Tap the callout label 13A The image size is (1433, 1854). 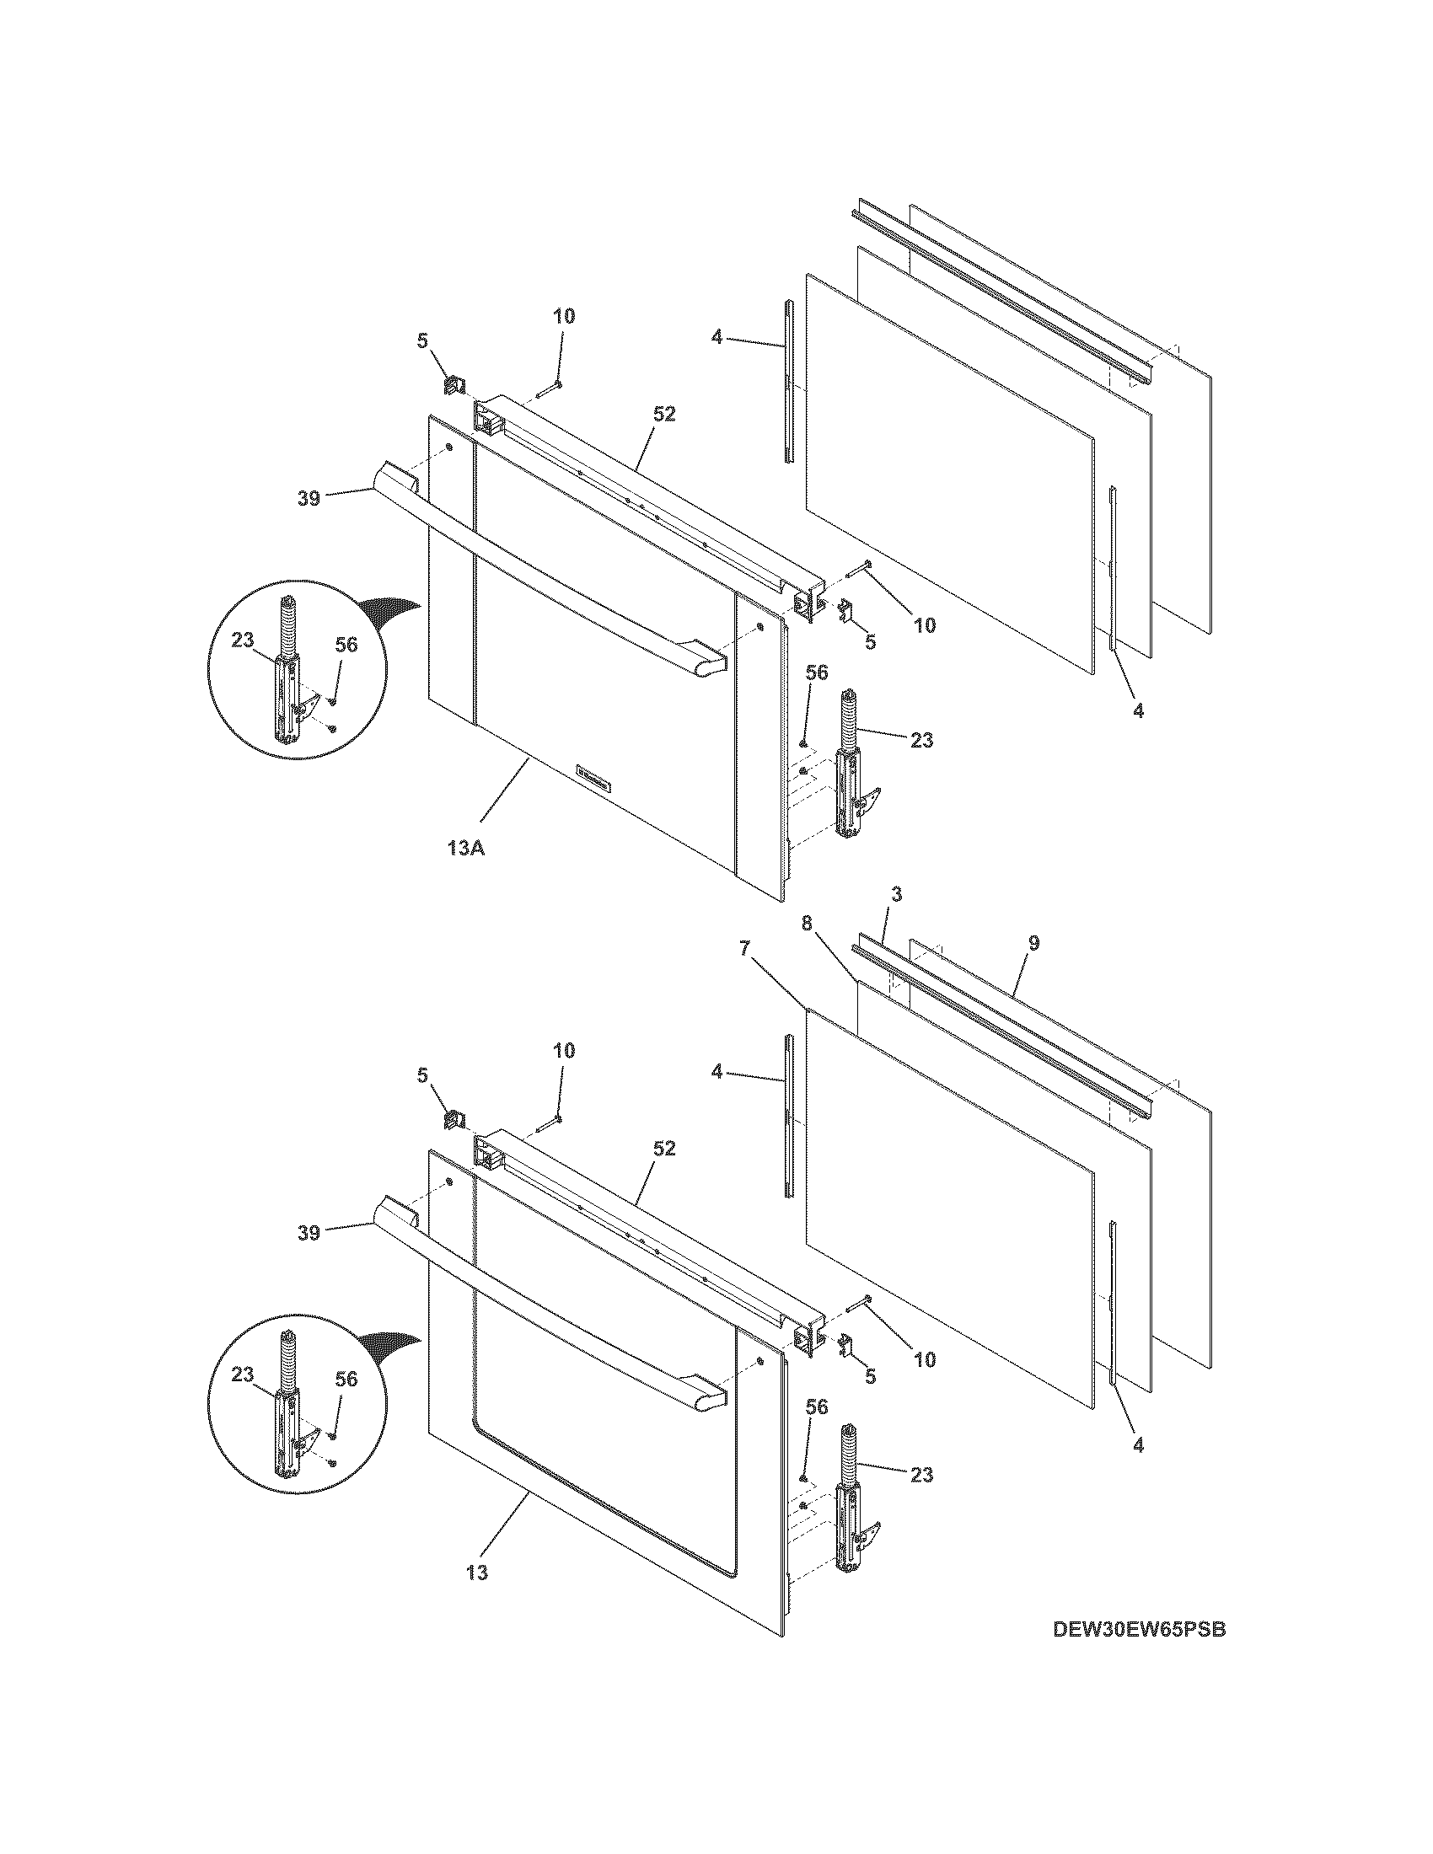pyautogui.click(x=465, y=848)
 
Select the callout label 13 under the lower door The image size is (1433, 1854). pyautogui.click(x=477, y=1573)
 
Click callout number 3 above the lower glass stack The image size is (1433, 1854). pyautogui.click(x=897, y=894)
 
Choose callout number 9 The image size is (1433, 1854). pyautogui.click(x=1033, y=943)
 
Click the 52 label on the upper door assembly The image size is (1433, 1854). pyautogui.click(x=664, y=414)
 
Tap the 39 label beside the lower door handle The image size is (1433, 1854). pyautogui.click(x=309, y=1233)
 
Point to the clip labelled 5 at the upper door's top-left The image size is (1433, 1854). pyautogui.click(x=453, y=385)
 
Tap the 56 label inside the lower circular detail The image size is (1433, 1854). pyautogui.click(x=346, y=1380)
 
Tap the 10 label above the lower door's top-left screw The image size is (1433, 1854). pyautogui.click(x=564, y=1050)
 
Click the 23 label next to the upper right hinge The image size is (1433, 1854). pyautogui.click(x=921, y=740)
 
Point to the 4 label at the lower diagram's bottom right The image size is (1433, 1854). pyautogui.click(x=1138, y=1444)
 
